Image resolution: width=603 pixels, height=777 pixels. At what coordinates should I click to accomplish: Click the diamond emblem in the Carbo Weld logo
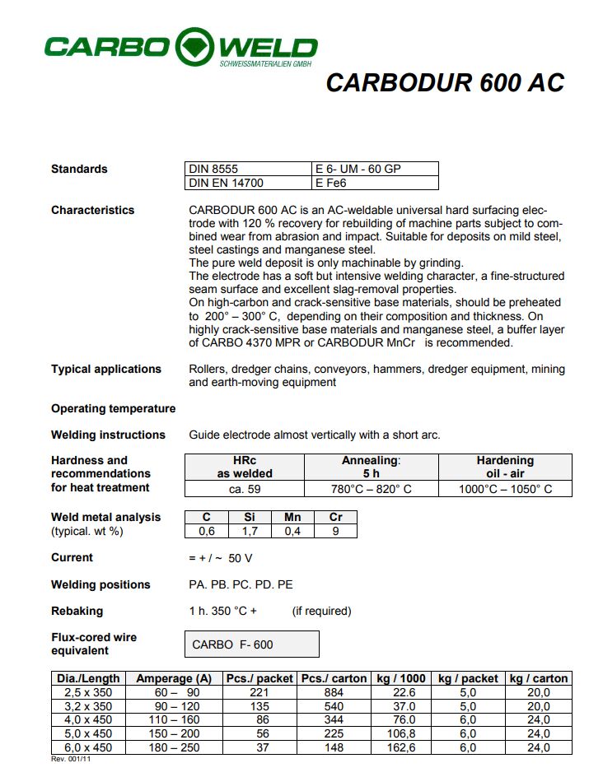(194, 47)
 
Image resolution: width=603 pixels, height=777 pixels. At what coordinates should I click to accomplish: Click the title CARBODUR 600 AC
(445, 83)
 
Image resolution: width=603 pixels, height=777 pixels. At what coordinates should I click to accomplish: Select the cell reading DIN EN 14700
(227, 183)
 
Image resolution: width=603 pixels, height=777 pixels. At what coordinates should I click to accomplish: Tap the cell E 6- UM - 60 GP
(358, 169)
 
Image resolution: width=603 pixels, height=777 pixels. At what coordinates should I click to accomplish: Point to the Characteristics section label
(92, 210)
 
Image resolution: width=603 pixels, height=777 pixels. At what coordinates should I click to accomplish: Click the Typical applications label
(106, 369)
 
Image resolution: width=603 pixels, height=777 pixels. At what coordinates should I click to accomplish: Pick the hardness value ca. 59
(245, 489)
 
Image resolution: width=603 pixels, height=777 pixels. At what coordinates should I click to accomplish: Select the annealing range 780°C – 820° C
(371, 489)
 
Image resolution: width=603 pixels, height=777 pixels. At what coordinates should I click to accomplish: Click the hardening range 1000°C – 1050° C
(505, 489)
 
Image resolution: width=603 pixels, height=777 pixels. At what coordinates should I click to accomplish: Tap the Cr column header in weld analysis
(336, 517)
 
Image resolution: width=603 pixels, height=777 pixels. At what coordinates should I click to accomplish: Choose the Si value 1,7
(250, 531)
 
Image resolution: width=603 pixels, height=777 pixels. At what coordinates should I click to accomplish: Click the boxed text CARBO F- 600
(232, 644)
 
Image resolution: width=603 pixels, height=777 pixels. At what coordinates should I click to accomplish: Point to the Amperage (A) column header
(174, 678)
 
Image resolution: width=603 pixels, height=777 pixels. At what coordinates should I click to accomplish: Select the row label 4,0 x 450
(87, 720)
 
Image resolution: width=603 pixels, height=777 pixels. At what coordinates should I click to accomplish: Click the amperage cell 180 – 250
(174, 747)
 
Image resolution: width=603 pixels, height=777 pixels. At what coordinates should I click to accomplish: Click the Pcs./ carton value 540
(334, 706)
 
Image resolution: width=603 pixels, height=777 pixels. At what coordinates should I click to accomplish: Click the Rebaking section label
(77, 611)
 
